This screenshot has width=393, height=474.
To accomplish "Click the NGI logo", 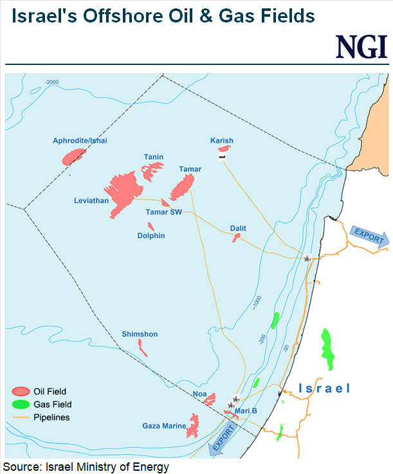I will pyautogui.click(x=361, y=47).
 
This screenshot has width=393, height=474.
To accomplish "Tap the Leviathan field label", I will pyautogui.click(x=91, y=201).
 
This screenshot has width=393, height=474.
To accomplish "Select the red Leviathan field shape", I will pyautogui.click(x=124, y=191).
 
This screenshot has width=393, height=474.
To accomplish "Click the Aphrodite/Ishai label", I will pyautogui.click(x=80, y=140).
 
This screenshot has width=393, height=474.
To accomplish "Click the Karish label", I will pyautogui.click(x=222, y=140).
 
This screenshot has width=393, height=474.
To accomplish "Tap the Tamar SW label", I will pyautogui.click(x=164, y=212).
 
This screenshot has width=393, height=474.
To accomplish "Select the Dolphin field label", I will pyautogui.click(x=151, y=235).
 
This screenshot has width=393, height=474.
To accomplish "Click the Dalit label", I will pyautogui.click(x=238, y=228).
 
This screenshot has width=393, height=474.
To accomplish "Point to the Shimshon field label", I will pyautogui.click(x=140, y=334).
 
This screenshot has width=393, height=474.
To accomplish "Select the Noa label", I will pyautogui.click(x=199, y=394).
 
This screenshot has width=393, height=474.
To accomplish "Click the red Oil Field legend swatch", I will pyautogui.click(x=21, y=391).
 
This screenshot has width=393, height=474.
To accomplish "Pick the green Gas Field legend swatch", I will pyautogui.click(x=21, y=405).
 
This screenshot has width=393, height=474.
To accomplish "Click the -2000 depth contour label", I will pyautogui.click(x=51, y=82).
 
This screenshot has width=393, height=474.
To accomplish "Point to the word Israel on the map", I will pyautogui.click(x=324, y=388).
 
